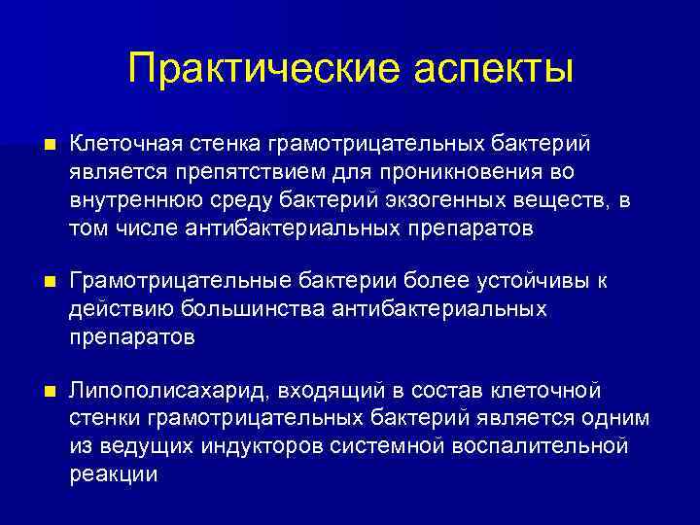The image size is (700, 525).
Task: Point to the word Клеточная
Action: coord(122,144)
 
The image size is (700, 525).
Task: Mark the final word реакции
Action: coord(113,474)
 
